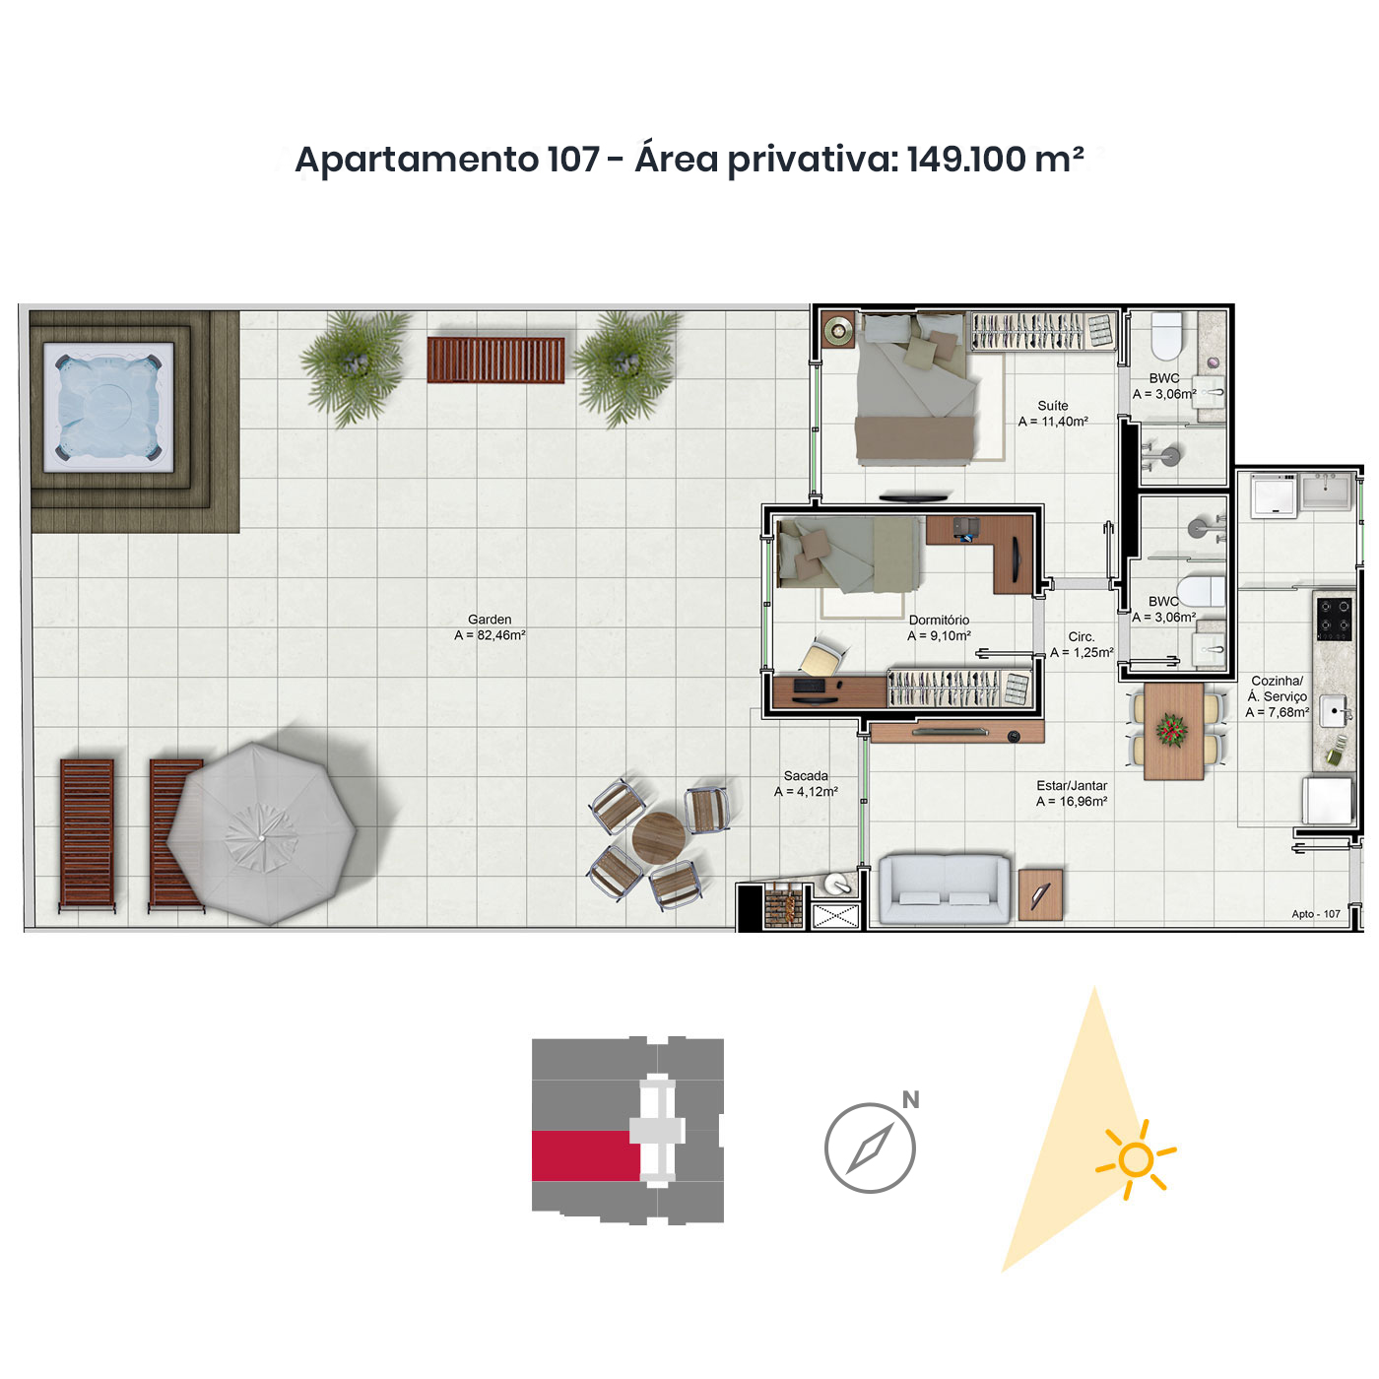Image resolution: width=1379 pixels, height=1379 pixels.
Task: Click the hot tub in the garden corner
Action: click(108, 406)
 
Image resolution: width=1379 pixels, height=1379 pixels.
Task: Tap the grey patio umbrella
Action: click(261, 833)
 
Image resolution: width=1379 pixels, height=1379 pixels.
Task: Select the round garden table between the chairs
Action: click(659, 837)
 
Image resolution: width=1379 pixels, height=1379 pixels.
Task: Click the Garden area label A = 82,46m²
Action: click(490, 634)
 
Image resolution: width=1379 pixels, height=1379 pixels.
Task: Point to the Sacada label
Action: click(806, 776)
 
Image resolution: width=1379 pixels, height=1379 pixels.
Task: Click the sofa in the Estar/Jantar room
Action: click(945, 888)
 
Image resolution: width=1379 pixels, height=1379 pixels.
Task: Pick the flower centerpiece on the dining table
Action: click(1171, 730)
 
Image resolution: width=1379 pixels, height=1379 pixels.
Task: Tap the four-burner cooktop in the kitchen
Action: click(1334, 619)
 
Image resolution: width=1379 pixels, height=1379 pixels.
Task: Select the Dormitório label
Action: click(939, 620)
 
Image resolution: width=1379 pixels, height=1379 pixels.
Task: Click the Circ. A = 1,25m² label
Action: click(1082, 645)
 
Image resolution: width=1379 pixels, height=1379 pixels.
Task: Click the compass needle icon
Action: click(870, 1149)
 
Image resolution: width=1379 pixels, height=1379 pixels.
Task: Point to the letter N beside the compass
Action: click(910, 1099)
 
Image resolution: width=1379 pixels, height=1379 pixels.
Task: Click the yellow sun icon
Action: click(1136, 1159)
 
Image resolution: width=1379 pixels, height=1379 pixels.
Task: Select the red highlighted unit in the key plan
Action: click(585, 1155)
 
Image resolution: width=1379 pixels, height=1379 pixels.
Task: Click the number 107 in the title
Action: click(572, 159)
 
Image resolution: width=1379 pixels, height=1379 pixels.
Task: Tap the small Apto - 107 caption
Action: click(1315, 914)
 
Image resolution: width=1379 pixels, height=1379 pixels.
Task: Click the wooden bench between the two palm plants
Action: click(495, 360)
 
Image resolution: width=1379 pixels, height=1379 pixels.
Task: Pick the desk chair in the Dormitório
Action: click(822, 657)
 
